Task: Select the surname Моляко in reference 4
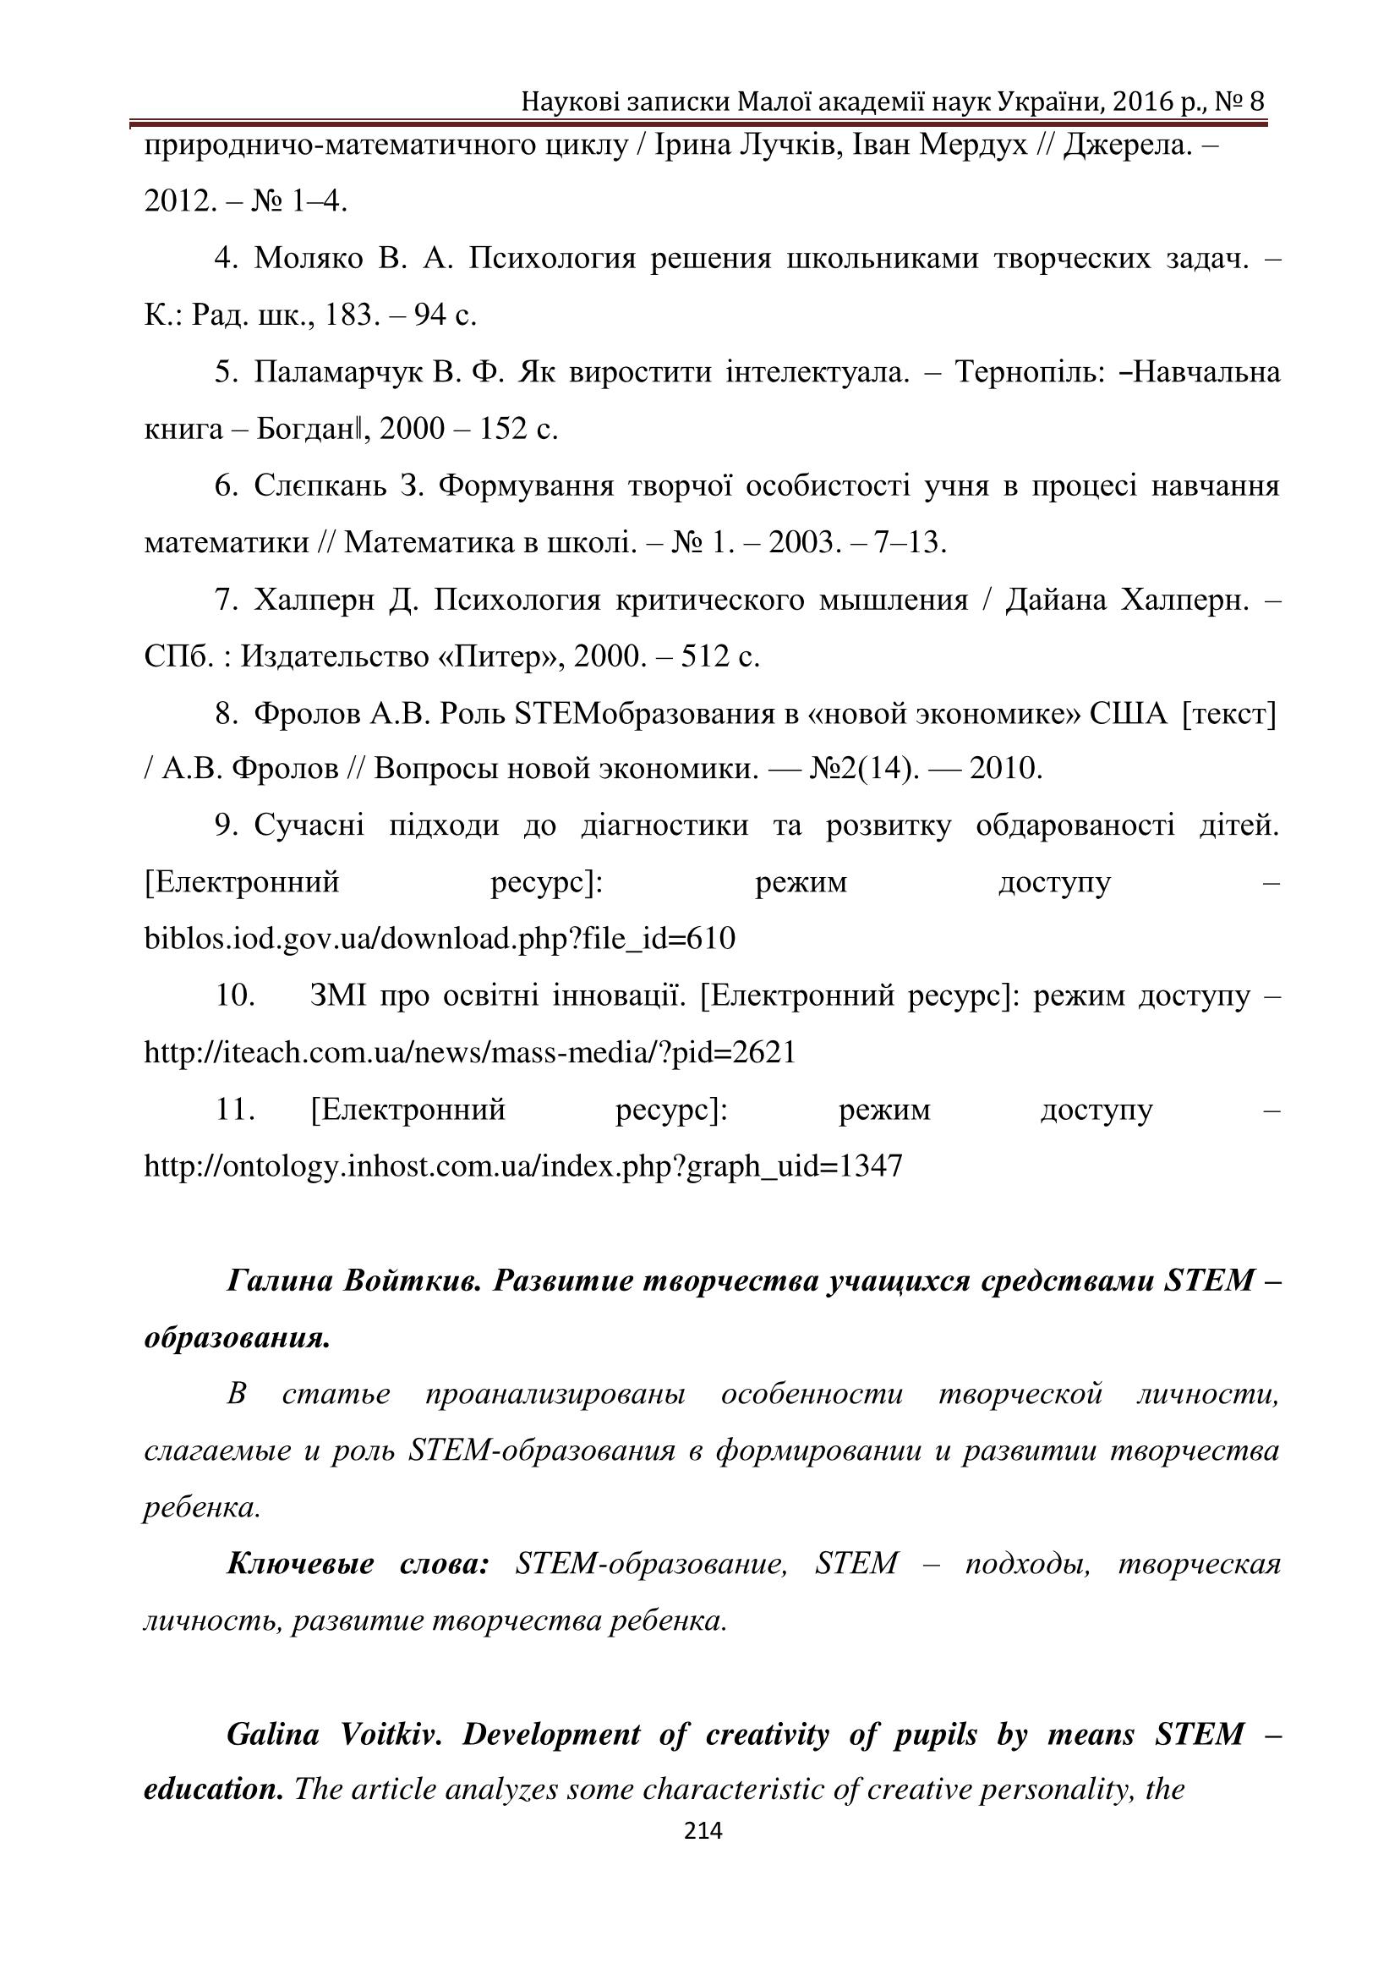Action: tap(309, 259)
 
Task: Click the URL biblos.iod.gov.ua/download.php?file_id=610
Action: tap(440, 938)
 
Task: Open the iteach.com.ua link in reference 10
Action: tap(470, 1052)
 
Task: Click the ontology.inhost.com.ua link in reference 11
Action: tap(523, 1166)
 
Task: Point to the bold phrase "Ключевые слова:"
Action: tap(357, 1565)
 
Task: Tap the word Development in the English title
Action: tap(551, 1735)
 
